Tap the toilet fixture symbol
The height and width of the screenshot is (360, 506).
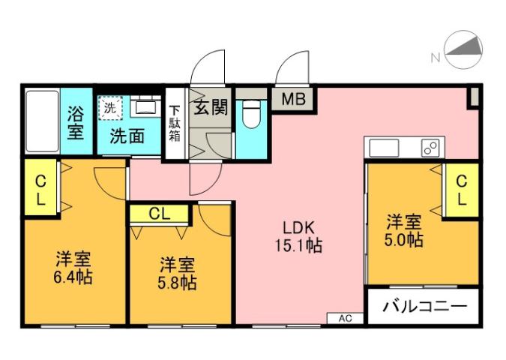[250, 115]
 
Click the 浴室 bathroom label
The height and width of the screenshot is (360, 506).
[76, 122]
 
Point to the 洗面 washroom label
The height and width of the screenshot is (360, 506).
[127, 136]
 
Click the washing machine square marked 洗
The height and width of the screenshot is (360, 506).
[110, 107]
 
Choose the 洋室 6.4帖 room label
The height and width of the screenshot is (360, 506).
[73, 268]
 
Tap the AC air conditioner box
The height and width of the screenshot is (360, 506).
[345, 319]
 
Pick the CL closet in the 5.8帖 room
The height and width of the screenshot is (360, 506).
[158, 213]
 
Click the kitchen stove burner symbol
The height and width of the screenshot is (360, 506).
[431, 148]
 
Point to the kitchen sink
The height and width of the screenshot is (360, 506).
[383, 147]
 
